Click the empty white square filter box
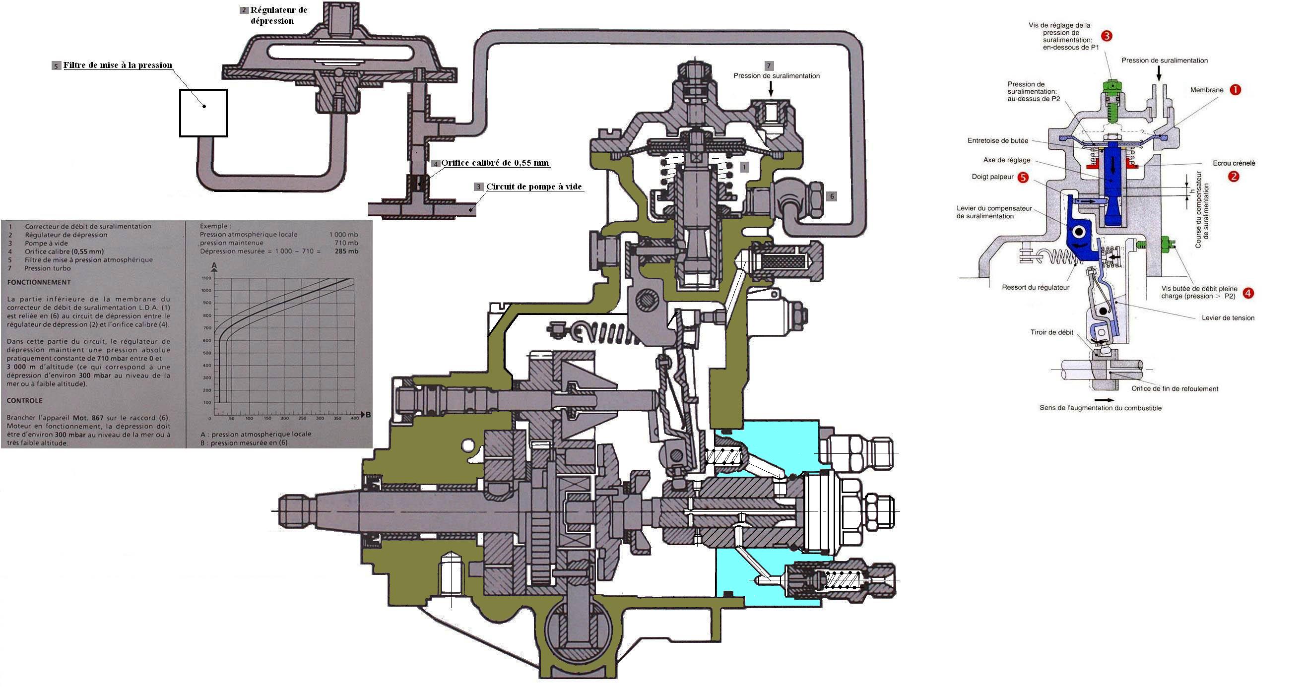point(203,113)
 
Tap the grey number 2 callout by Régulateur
point(244,9)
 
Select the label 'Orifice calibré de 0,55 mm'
point(495,163)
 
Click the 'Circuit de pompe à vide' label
point(534,187)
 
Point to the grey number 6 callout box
point(831,196)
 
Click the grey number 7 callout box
point(769,66)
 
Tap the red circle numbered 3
point(1107,36)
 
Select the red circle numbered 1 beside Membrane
point(1235,90)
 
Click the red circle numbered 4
point(1248,293)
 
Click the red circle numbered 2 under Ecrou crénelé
point(1234,177)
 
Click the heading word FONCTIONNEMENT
point(39,282)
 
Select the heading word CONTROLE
point(24,401)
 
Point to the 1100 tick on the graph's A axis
point(206,278)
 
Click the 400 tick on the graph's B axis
point(355,418)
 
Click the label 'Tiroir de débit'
point(1051,332)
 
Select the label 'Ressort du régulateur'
point(1035,287)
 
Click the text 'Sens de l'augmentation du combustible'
point(1101,408)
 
